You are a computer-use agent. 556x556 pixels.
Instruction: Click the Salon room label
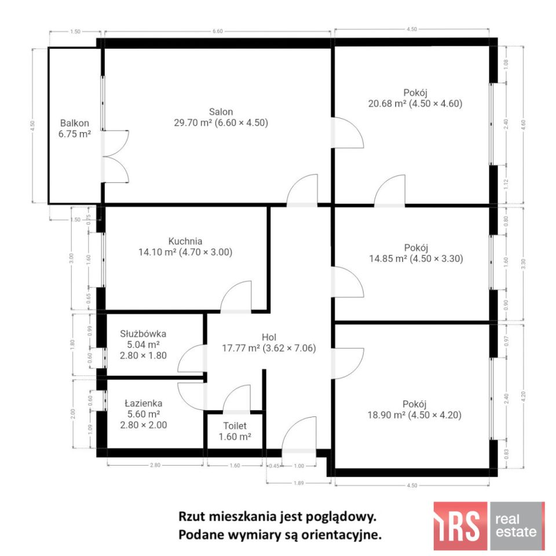(221, 112)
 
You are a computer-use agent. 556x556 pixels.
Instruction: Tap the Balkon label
(75, 123)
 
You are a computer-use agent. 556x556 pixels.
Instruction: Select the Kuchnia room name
(185, 241)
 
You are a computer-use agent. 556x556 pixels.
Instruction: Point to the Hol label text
(269, 337)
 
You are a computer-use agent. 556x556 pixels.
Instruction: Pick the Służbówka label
(143, 334)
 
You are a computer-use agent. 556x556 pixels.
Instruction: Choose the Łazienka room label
(143, 403)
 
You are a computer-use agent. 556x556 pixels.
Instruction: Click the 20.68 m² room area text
(387, 104)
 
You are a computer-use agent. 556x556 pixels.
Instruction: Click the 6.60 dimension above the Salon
(218, 31)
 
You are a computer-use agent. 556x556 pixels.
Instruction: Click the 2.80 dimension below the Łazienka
(155, 464)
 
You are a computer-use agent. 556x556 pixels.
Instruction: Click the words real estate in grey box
(517, 525)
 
